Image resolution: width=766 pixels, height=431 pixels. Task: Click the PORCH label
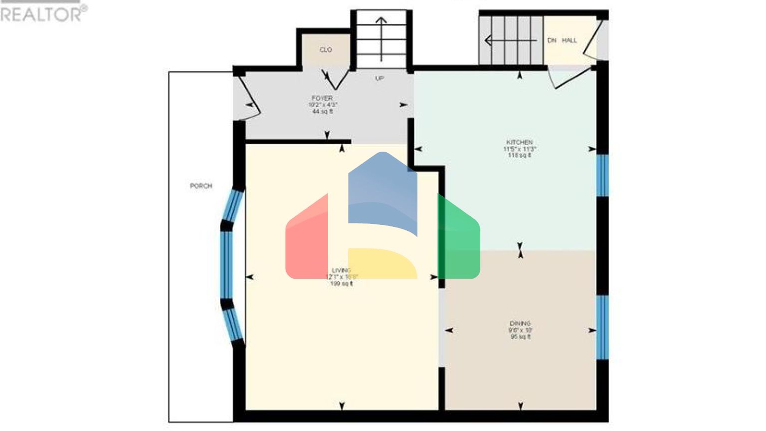[201, 186]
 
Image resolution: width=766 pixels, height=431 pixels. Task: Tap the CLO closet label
[326, 50]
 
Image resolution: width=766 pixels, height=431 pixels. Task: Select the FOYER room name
[322, 98]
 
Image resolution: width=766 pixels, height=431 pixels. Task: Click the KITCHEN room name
[520, 142]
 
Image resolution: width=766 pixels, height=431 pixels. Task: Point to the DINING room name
[520, 323]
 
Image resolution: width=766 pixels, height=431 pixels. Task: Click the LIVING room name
[342, 270]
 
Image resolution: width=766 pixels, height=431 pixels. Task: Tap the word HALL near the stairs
[570, 40]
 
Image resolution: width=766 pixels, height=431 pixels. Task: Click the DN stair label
[552, 40]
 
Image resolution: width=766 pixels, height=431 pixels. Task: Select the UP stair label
[380, 78]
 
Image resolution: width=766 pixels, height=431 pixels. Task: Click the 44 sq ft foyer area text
[323, 112]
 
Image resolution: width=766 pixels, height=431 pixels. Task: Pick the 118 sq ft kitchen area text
[520, 156]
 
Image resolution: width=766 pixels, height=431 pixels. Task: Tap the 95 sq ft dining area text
[520, 337]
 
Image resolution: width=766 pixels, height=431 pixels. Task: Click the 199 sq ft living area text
[342, 284]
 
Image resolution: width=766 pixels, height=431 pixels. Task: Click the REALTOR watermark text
[42, 14]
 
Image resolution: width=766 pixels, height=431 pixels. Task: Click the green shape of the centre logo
[460, 239]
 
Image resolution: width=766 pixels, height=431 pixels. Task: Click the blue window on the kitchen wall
[602, 175]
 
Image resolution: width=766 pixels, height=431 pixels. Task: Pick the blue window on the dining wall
[602, 327]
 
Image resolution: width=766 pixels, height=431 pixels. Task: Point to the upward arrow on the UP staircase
[382, 37]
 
